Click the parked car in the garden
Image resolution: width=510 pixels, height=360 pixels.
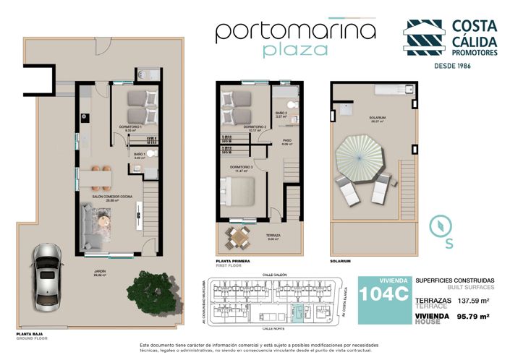pyautogui.click(x=47, y=271)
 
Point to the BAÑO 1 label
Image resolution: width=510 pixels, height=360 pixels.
pyautogui.click(x=140, y=155)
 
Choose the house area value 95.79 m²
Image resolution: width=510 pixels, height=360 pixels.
pyautogui.click(x=470, y=317)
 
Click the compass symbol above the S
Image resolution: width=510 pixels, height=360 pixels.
pyautogui.click(x=438, y=225)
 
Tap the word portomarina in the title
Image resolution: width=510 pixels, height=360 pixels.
pyautogui.click(x=296, y=30)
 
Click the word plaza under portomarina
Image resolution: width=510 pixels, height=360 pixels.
pyautogui.click(x=296, y=50)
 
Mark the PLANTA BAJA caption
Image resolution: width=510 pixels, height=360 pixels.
pyautogui.click(x=16, y=333)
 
